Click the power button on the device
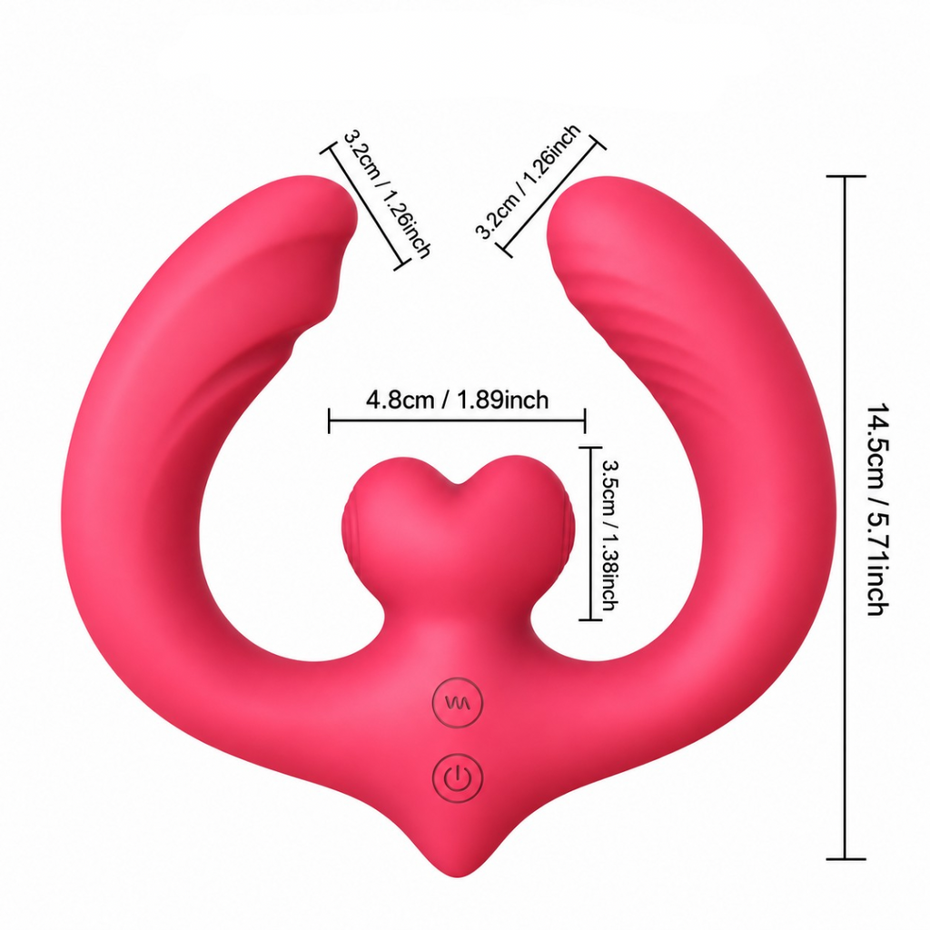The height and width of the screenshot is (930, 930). (458, 777)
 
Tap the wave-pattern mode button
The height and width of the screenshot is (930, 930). (458, 703)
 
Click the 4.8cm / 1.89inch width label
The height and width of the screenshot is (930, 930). (458, 400)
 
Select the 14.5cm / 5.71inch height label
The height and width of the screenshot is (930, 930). (878, 510)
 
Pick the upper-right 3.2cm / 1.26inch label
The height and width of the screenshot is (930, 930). (528, 182)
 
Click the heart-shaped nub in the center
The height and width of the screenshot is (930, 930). (458, 522)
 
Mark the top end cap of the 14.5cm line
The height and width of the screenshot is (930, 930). (846, 176)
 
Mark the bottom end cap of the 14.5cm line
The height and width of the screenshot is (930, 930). (846, 858)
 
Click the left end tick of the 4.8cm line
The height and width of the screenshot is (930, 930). (329, 420)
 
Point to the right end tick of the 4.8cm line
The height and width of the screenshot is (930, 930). (586, 420)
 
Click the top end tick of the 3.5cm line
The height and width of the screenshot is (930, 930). (590, 449)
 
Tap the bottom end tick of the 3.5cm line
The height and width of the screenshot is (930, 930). (590, 619)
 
